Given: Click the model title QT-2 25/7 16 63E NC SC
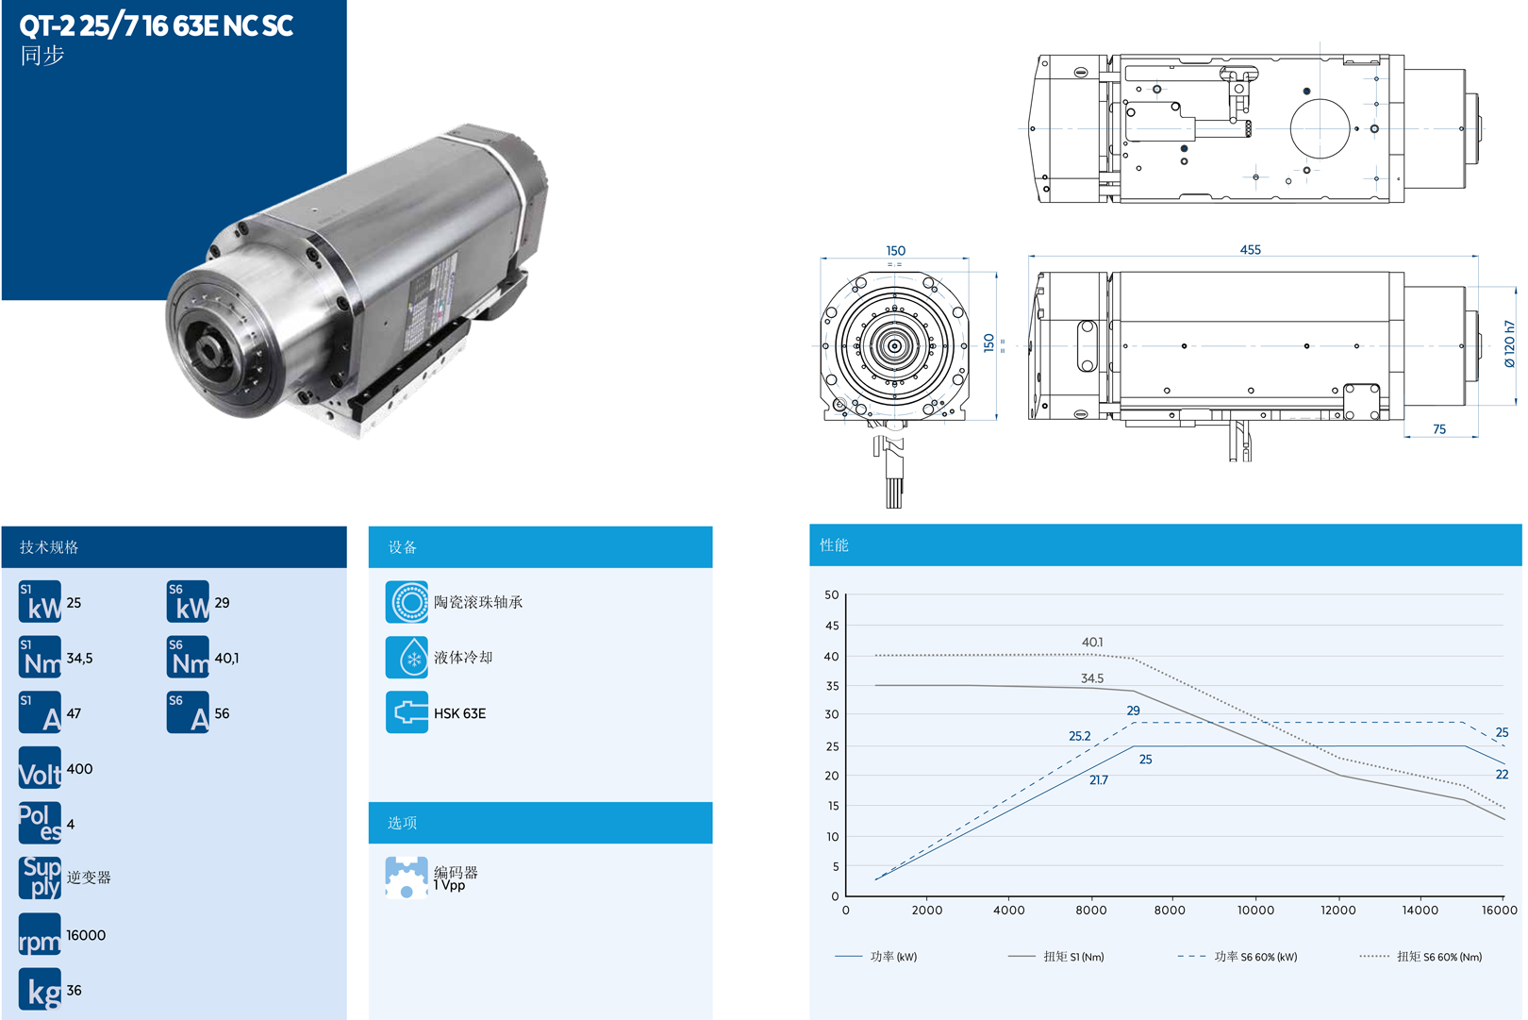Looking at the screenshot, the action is (x=157, y=25).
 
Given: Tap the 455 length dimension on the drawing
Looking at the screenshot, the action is (x=1250, y=250).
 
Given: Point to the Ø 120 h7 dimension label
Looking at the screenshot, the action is (x=1509, y=343).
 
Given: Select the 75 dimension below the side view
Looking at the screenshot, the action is (x=1438, y=429).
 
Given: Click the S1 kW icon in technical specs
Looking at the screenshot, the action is (x=40, y=601).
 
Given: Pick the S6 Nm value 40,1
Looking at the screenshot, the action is (x=226, y=659).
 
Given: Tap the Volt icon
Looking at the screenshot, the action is (x=40, y=767).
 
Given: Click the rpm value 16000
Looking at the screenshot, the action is (x=86, y=935).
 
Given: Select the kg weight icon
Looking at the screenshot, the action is (x=40, y=989).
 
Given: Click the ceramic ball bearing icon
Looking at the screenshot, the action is (x=407, y=602).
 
